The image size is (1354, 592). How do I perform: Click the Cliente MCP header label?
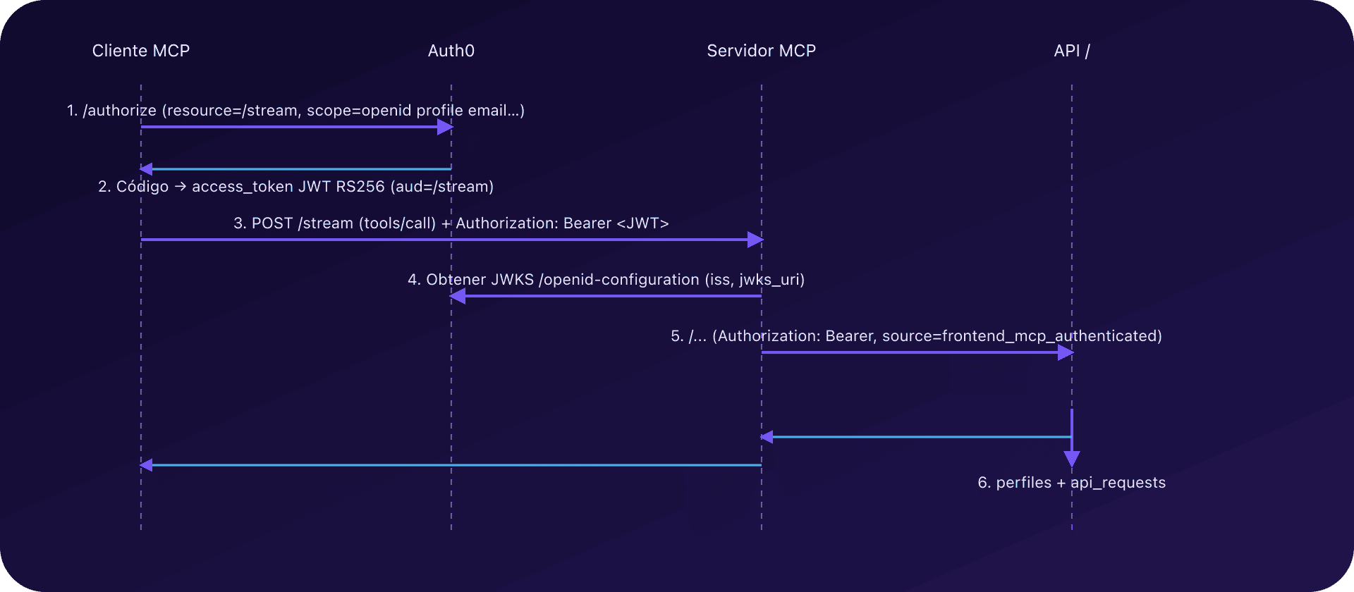141,51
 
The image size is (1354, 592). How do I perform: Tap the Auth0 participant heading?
451,51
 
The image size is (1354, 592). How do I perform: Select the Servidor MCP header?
761,51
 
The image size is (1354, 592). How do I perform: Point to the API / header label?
1071,51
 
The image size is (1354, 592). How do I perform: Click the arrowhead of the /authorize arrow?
445,127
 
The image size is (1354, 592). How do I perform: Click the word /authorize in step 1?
119,111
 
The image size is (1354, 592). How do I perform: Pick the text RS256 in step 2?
360,187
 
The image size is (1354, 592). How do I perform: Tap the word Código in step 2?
142,187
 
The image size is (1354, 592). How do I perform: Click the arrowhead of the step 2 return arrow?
147,169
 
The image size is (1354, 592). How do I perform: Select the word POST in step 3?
272,223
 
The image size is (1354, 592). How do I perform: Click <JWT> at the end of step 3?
642,223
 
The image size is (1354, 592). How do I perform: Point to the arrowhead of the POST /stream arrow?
755,240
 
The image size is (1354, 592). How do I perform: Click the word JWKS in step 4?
512,280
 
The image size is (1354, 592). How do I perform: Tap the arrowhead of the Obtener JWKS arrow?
458,296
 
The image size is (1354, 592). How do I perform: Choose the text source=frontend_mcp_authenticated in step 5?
1022,336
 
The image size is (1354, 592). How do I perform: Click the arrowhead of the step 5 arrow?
1066,352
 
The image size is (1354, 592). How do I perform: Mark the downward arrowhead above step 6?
1072,460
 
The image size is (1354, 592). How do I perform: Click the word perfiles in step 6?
1024,483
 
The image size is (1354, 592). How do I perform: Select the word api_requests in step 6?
1118,483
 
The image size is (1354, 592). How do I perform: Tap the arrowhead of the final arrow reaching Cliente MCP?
147,465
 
